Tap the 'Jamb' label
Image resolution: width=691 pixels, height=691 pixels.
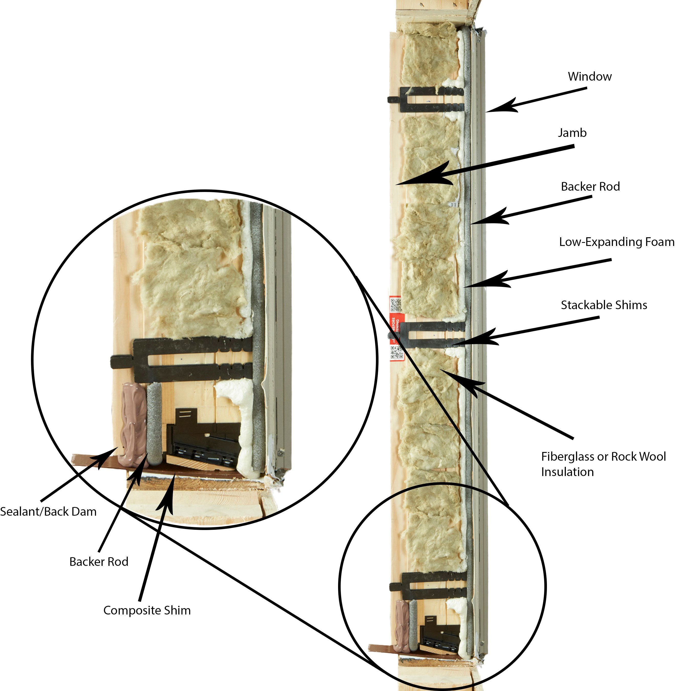click(x=572, y=133)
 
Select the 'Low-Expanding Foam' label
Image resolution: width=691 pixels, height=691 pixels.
click(x=617, y=242)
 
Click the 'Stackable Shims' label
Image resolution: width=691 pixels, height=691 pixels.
click(x=604, y=305)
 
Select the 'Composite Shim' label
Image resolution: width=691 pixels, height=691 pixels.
click(x=147, y=610)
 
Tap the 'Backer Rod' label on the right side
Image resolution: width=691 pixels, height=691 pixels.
click(x=590, y=187)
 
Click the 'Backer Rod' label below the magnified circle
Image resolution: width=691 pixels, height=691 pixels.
click(x=99, y=562)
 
